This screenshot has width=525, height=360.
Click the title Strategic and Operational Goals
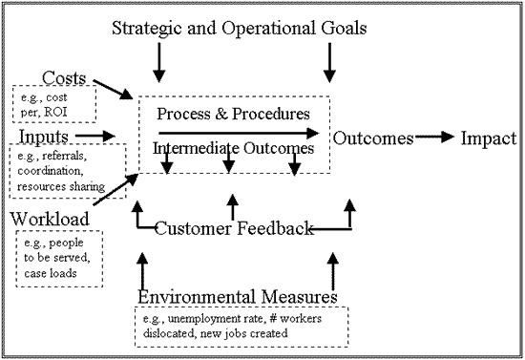[239, 27]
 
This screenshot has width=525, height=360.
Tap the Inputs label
[44, 137]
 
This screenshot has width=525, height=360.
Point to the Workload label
[50, 220]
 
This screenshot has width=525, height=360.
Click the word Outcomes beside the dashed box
[373, 138]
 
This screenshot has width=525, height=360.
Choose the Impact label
[489, 138]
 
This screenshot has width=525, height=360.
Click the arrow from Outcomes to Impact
[434, 138]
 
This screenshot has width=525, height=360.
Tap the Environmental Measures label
[238, 297]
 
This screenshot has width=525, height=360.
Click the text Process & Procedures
[233, 114]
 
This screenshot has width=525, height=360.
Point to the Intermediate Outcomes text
[234, 149]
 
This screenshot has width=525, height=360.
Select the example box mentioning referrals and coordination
[67, 167]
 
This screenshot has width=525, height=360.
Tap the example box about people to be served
[58, 259]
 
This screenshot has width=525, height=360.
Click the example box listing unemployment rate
[241, 327]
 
